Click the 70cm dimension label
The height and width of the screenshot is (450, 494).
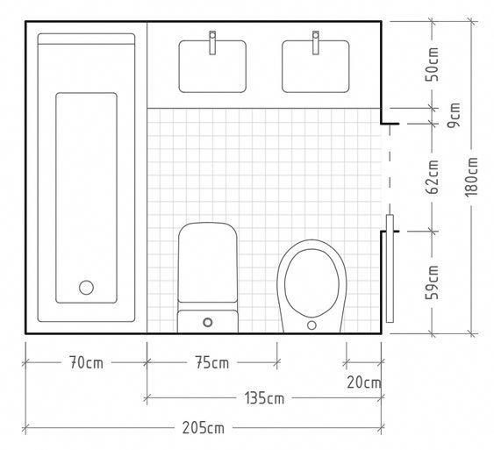86,362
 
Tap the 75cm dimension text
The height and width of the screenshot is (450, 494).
212,362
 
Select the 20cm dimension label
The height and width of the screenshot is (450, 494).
364,382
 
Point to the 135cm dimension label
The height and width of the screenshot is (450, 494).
264,398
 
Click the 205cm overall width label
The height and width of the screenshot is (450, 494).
204,428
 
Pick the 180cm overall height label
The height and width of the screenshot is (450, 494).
472,176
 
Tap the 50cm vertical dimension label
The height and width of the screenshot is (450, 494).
432,64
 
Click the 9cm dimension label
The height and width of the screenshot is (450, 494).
454,115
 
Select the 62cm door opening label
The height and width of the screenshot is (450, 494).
432,176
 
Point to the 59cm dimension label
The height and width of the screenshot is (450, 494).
432,282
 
